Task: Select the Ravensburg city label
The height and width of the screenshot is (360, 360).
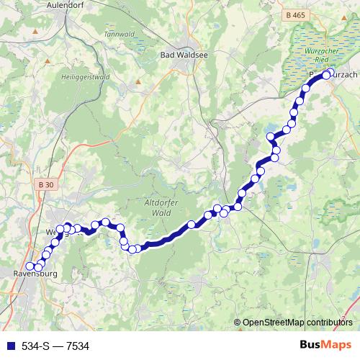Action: (34, 274)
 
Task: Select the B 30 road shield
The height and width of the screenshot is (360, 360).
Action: (45, 185)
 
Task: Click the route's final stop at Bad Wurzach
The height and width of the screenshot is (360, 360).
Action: (326, 74)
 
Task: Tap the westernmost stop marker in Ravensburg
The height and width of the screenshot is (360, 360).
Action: (30, 268)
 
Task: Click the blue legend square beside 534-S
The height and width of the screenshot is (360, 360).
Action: (9, 346)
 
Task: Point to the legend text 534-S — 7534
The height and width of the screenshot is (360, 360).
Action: (55, 346)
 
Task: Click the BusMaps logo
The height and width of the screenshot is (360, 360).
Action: (326, 346)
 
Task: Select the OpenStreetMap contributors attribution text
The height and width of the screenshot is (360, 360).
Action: (297, 322)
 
